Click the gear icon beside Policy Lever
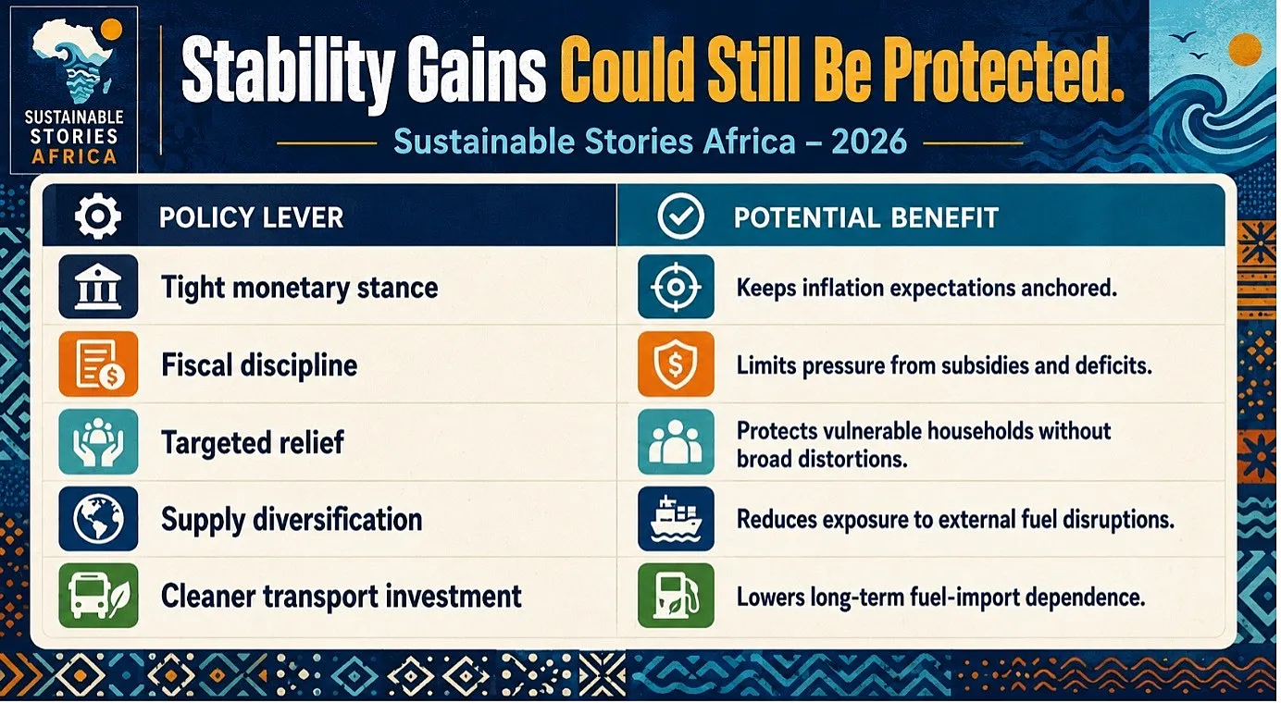click(x=98, y=216)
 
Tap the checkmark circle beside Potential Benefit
click(x=680, y=216)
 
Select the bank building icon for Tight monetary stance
click(x=98, y=287)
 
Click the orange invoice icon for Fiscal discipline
click(x=98, y=364)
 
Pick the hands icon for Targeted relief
click(x=98, y=441)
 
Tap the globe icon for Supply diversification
click(x=98, y=518)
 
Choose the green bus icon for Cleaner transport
click(x=98, y=596)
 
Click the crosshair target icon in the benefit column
click(x=676, y=287)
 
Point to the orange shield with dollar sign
click(x=676, y=364)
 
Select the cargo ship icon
click(x=676, y=518)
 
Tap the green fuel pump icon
click(x=676, y=596)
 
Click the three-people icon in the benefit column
click(x=676, y=441)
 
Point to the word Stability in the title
click(x=288, y=73)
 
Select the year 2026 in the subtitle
click(x=869, y=142)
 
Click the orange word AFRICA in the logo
click(x=74, y=156)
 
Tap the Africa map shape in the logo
click(x=73, y=60)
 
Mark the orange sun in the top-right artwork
click(x=1245, y=49)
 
